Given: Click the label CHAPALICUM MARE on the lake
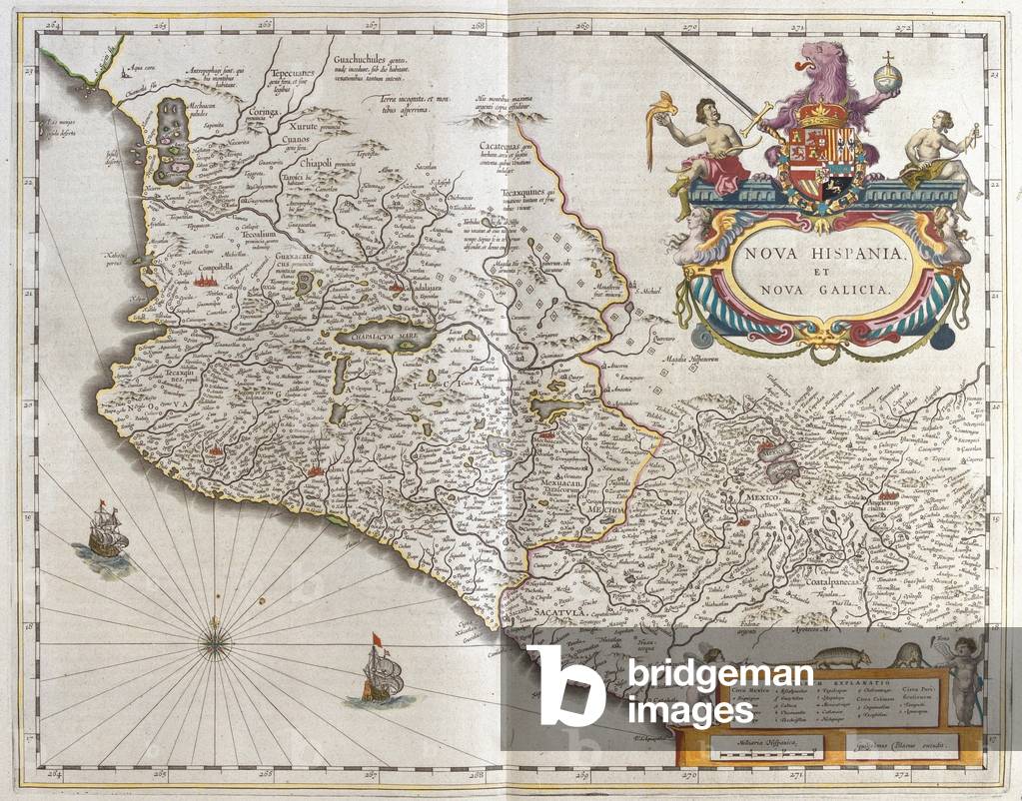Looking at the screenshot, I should click(382, 337).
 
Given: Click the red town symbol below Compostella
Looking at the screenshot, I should click(210, 284).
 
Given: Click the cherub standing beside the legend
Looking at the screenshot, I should click(960, 679).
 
